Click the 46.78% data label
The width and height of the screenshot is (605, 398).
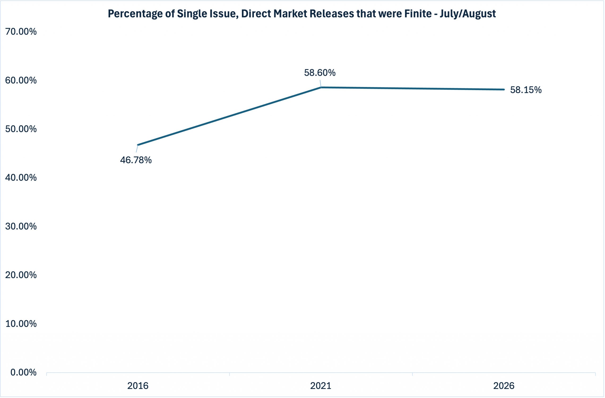pyautogui.click(x=136, y=160)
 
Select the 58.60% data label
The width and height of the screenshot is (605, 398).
pyautogui.click(x=320, y=73)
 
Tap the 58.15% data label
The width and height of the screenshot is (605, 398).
pyautogui.click(x=526, y=90)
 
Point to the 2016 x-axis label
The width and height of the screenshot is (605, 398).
pyautogui.click(x=138, y=386)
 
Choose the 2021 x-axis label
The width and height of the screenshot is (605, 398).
pyautogui.click(x=321, y=386)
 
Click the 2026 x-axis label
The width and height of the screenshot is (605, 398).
pyautogui.click(x=504, y=386)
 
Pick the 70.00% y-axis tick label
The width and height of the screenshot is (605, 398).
pyautogui.click(x=21, y=31)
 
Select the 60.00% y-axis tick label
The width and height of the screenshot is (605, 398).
pyautogui.click(x=21, y=80)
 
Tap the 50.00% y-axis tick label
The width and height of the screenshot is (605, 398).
pyautogui.click(x=21, y=129)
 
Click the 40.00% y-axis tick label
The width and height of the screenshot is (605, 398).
pyautogui.click(x=21, y=178)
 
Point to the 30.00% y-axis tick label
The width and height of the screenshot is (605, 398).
pyautogui.click(x=21, y=226)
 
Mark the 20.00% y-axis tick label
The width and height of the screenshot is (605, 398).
pyautogui.click(x=21, y=275)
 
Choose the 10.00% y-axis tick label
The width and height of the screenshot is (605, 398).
pyautogui.click(x=21, y=324)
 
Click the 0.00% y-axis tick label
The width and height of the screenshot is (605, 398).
pyautogui.click(x=23, y=372)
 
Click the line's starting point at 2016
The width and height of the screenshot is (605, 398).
pyautogui.click(x=138, y=145)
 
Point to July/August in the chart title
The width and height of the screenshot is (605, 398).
pyautogui.click(x=468, y=14)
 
